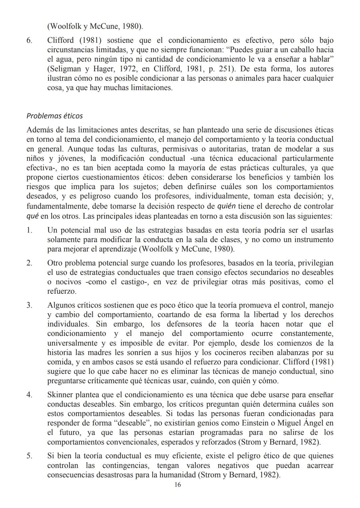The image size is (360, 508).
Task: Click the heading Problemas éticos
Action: pos(54,116)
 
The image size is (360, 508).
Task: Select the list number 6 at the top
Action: pos(29,41)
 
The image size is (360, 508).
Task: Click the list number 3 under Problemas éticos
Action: pos(29,305)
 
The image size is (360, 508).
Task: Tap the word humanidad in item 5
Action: pos(178,475)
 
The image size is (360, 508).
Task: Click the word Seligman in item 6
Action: pos(66,69)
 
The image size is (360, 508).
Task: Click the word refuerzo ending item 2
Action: pos(61,291)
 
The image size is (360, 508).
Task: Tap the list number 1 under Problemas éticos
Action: pos(29,230)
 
